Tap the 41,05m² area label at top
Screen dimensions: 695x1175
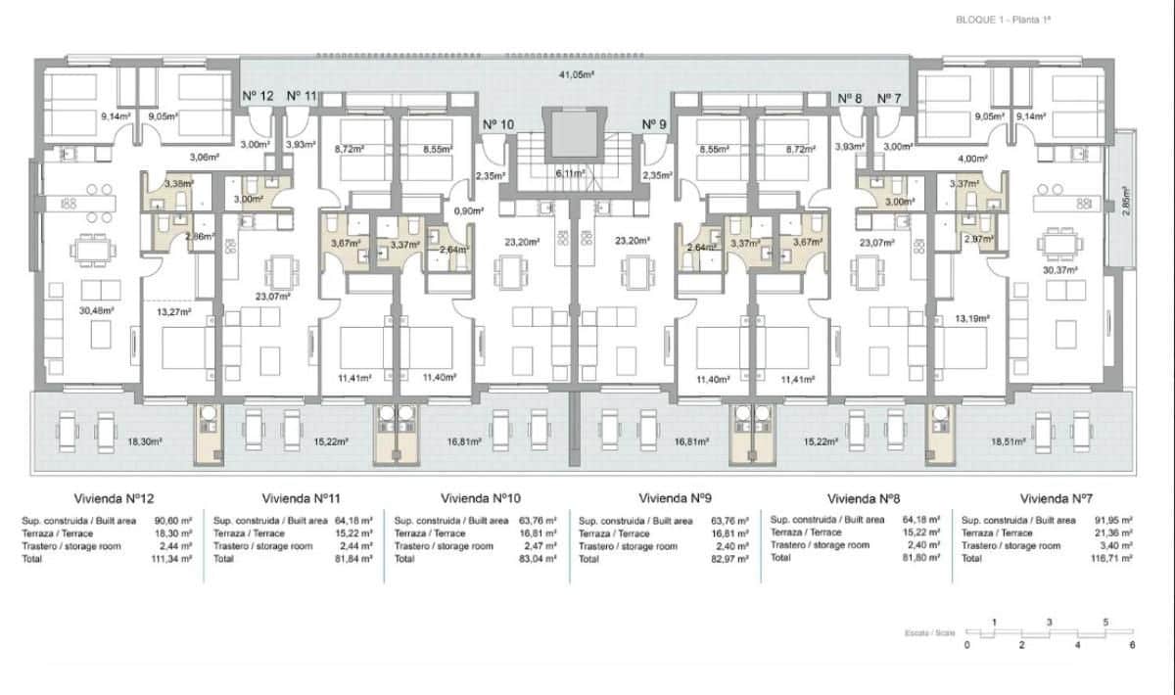pyautogui.click(x=577, y=74)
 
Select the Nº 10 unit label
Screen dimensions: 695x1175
pyautogui.click(x=498, y=124)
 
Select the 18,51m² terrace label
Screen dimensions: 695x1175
pyautogui.click(x=1009, y=442)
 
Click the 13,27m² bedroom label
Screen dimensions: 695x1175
pyautogui.click(x=171, y=312)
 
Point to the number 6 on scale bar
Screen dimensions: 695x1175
pyautogui.click(x=1132, y=645)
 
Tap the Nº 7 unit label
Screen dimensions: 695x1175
pyautogui.click(x=888, y=98)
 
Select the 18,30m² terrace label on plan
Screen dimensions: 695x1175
pyautogui.click(x=144, y=442)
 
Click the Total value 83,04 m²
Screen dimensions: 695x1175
pyautogui.click(x=540, y=558)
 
